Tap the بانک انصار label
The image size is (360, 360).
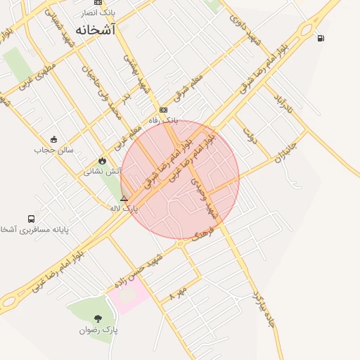(x=96, y=13)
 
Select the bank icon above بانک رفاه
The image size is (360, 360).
(x=163, y=110)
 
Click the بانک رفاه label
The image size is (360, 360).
(x=163, y=120)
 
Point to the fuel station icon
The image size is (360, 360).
(x=321, y=38)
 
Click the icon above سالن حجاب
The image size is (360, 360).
(x=54, y=139)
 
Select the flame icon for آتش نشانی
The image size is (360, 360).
(x=103, y=160)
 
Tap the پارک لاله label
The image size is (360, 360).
(x=124, y=209)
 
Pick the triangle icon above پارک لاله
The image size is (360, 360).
(x=124, y=199)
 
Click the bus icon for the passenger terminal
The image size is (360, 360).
(x=31, y=219)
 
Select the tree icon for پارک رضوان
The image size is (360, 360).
(x=98, y=319)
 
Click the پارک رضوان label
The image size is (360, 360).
(x=98, y=329)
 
